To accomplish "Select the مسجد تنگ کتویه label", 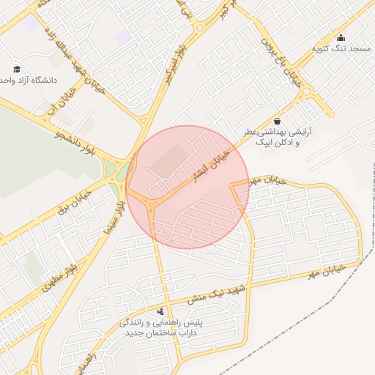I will coord(342,48).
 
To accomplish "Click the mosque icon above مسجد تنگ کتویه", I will coord(341,37).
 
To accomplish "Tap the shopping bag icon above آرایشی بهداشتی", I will coord(277,121).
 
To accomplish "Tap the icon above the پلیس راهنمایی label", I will coord(160,311).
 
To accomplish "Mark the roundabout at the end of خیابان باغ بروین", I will coord(308,92).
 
